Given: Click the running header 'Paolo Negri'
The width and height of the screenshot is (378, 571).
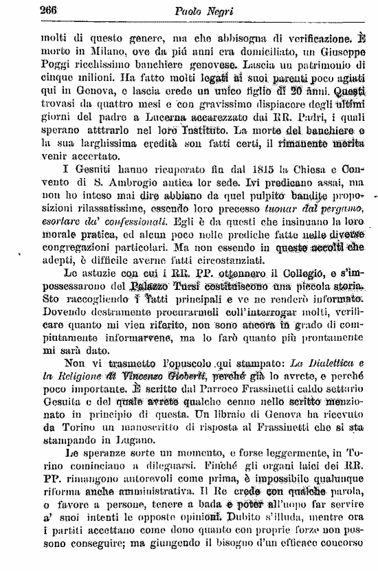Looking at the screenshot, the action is pyautogui.click(x=200, y=10).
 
